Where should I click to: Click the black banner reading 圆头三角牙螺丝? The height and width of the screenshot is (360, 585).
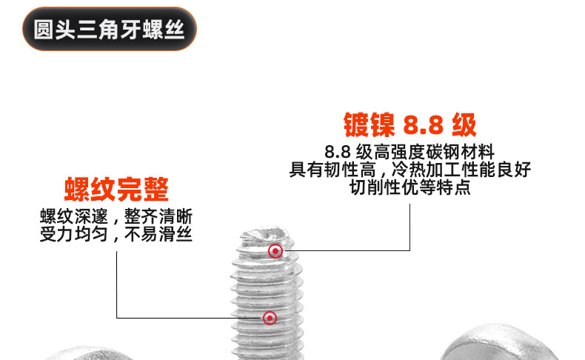110,30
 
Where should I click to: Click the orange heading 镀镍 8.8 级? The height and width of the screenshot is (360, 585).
409,124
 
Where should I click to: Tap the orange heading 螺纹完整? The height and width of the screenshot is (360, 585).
116,190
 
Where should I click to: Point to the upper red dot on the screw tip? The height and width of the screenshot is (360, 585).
275,251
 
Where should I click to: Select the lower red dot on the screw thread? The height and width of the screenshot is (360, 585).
270,318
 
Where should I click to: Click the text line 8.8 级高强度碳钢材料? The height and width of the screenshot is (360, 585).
409,152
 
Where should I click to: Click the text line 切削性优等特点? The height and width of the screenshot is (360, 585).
409,187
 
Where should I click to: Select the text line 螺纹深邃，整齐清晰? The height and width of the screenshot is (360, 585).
116,217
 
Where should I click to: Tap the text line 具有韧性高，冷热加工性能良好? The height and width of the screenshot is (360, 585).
409,170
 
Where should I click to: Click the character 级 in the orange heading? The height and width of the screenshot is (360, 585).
464,124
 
